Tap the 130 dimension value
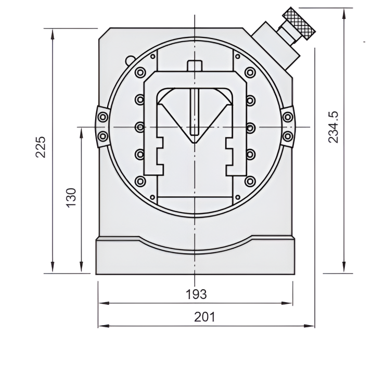[71, 197]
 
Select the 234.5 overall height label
[334, 127]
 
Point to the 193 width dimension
[196, 294]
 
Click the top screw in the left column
[139, 73]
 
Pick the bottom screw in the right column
[251, 181]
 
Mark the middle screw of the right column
[251, 126]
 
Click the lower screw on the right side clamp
[288, 136]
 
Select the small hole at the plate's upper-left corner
[152, 56]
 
